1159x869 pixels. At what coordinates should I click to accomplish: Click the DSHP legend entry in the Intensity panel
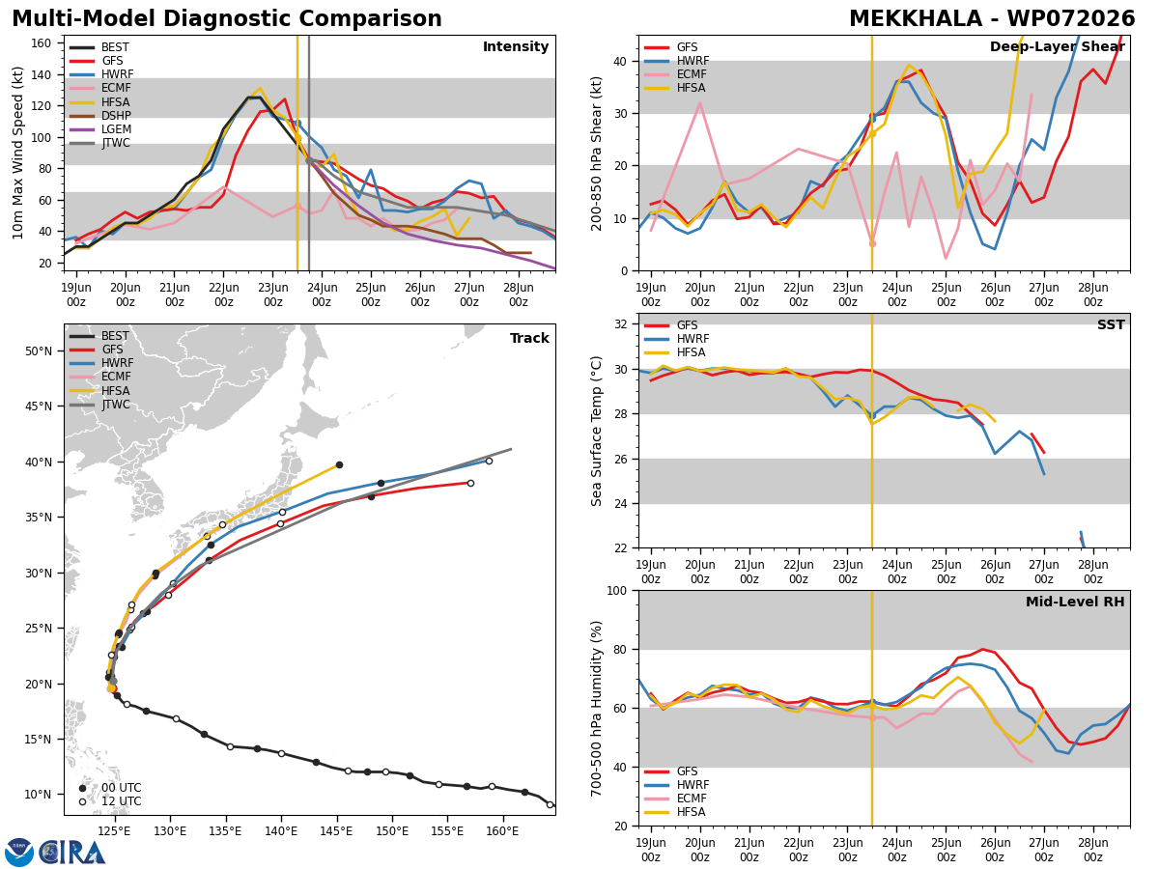(99, 116)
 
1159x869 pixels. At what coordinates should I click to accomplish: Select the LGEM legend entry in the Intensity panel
(99, 129)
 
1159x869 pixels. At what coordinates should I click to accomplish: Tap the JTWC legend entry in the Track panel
(99, 405)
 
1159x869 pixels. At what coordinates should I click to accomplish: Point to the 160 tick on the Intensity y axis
(41, 43)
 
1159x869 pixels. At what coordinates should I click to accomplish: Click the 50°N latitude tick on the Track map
(39, 351)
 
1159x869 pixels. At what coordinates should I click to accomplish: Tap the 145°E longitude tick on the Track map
(336, 831)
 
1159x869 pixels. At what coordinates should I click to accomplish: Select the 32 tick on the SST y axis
(620, 324)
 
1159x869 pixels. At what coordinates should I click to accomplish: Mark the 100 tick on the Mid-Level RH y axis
(617, 591)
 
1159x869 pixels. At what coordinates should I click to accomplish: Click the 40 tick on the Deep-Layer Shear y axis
(620, 62)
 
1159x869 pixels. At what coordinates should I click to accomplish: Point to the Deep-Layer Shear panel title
(1057, 47)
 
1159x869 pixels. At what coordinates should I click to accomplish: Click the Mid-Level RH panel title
(1075, 602)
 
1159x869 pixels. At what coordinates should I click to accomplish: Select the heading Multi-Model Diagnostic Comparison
(227, 19)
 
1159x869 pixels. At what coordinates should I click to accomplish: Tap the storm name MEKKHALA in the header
(916, 19)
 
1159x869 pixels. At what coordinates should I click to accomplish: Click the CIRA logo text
(71, 853)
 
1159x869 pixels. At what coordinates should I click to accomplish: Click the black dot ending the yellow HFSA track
(340, 464)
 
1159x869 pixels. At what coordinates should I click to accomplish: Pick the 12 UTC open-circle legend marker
(82, 801)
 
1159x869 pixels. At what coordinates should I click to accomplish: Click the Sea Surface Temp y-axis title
(596, 431)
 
